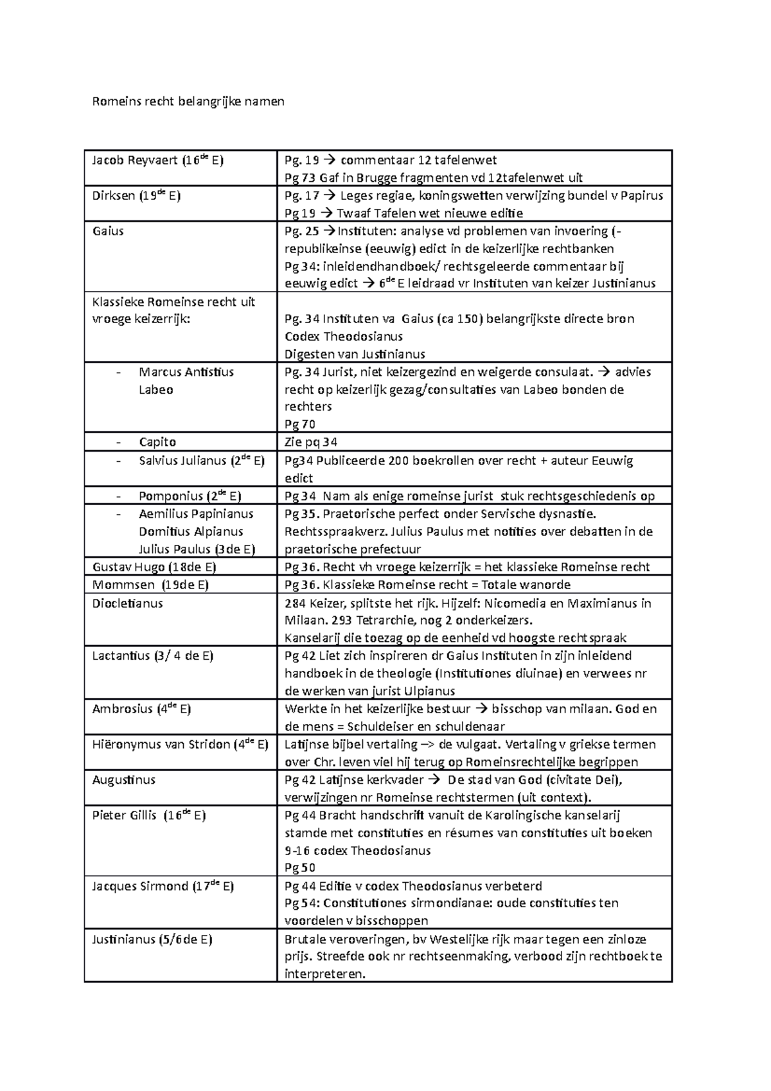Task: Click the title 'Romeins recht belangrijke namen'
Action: (x=188, y=102)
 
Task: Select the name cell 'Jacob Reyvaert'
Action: (x=134, y=161)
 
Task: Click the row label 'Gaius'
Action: (x=108, y=231)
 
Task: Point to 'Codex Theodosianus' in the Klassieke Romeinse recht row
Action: (x=344, y=337)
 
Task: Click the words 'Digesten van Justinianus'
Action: (x=355, y=354)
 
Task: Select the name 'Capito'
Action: (x=157, y=442)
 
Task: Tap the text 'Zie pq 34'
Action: (x=311, y=442)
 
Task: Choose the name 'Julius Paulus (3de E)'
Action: (x=197, y=549)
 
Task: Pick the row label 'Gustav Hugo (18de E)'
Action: (x=154, y=567)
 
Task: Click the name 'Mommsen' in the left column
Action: (x=123, y=585)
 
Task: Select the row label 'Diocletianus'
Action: (x=127, y=603)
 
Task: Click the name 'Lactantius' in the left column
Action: (x=121, y=656)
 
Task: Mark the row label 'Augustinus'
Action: (x=123, y=780)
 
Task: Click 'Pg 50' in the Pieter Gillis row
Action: (x=299, y=868)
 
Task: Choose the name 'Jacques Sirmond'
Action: (x=139, y=887)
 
